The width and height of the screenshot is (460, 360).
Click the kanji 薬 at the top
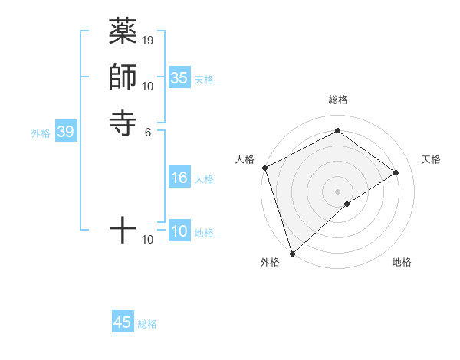123,31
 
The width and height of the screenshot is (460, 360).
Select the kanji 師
123,77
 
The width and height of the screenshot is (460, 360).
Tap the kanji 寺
123,122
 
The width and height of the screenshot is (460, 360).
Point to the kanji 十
123,227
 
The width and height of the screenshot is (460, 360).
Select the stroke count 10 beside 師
148,86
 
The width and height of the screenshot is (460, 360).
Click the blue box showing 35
179,78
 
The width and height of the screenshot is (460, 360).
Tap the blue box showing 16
179,178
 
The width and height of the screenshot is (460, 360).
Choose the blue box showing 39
66,132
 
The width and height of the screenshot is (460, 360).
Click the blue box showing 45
123,322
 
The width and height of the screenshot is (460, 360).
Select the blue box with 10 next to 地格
179,231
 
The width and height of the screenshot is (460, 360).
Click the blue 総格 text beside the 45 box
147,324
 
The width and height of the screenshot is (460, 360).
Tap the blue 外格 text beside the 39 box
41,133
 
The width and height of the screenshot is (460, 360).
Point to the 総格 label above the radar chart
338,100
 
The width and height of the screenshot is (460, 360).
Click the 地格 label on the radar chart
402,263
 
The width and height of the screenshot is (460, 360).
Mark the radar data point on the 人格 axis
264,168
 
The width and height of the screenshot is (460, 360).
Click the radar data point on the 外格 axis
292,254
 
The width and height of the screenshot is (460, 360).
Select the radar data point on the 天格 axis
396,172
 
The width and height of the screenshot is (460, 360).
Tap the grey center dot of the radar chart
337,191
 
